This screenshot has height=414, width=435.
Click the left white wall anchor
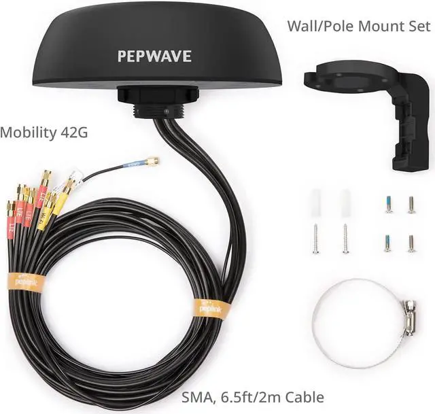(x=315, y=202)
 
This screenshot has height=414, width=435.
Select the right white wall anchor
(x=345, y=202)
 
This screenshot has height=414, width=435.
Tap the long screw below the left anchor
(x=315, y=239)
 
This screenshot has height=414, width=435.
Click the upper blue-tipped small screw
(x=389, y=205)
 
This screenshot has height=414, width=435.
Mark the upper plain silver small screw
(x=411, y=204)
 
